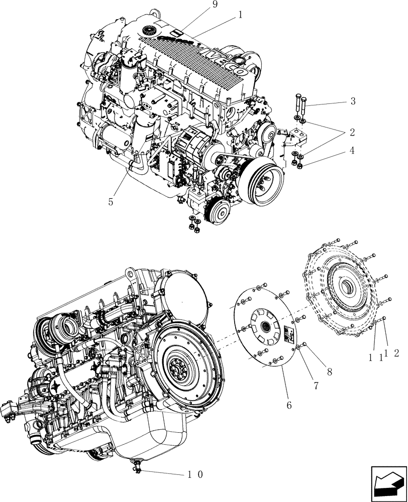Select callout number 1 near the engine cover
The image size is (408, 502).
point(240,15)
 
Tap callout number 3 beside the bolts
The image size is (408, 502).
point(353,101)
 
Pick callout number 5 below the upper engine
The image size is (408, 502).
point(111,202)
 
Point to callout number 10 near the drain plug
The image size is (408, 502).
point(195,473)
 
